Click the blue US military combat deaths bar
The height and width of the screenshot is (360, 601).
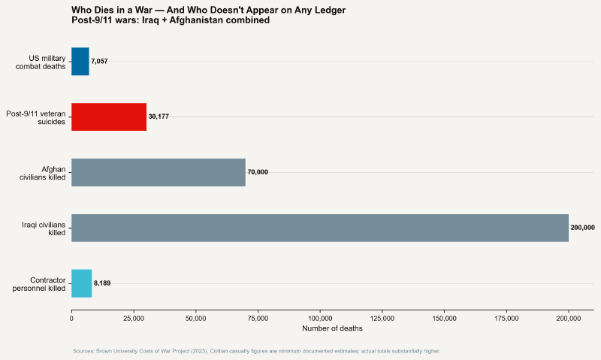(x=80, y=61)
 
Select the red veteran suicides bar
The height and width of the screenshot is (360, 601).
(x=109, y=116)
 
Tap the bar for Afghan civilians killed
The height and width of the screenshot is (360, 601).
(x=159, y=172)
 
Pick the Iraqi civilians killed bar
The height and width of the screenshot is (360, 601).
(x=320, y=228)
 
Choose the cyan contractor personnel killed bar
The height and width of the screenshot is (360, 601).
(x=81, y=283)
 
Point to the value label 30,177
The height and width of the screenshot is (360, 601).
(x=159, y=116)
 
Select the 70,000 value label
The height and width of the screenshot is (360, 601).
(x=258, y=172)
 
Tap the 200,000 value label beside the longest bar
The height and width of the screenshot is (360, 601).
(x=583, y=228)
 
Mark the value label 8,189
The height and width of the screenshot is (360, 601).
(x=101, y=283)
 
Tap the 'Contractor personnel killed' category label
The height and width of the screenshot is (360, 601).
(x=39, y=283)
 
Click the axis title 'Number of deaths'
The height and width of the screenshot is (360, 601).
(x=331, y=328)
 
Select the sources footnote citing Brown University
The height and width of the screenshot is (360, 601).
(x=256, y=351)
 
